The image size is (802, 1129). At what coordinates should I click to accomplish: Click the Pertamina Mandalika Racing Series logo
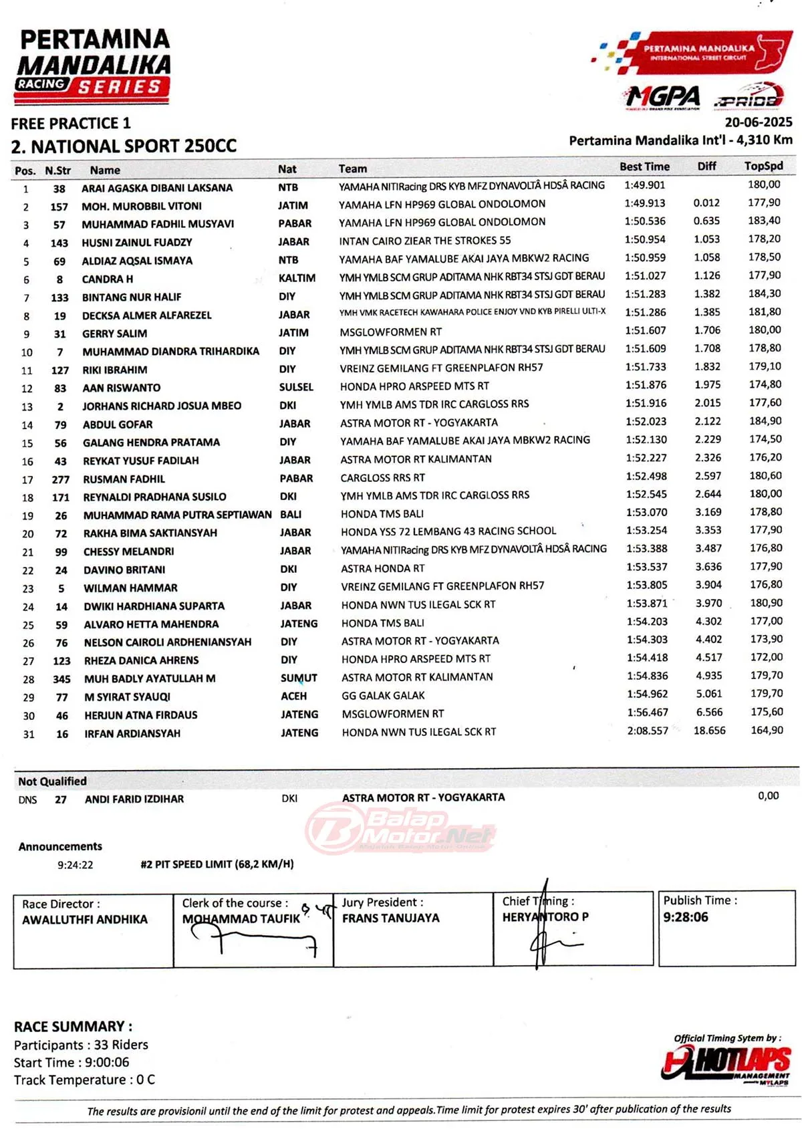pos(93,66)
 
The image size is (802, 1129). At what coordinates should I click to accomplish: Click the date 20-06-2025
pos(758,122)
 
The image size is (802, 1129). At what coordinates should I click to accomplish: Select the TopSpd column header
pos(763,166)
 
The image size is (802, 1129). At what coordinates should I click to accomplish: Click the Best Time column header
pos(644,166)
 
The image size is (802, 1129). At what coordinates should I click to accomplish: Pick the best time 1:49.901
pos(644,185)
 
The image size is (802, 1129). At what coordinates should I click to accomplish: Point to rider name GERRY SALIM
pos(114,334)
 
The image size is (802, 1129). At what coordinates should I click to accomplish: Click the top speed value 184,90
pos(765,421)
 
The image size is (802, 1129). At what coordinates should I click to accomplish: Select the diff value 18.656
pos(708,731)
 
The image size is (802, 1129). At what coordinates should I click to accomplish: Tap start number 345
pos(61,679)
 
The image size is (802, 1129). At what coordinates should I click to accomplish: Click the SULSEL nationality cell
pos(296,387)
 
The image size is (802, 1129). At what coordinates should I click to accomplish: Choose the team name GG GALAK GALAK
pos(383,696)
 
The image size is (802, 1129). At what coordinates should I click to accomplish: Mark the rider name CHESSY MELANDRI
pos(128,551)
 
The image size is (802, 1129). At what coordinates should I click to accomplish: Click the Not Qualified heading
pos(52,781)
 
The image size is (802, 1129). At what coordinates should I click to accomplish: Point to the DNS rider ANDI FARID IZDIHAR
pos(134,799)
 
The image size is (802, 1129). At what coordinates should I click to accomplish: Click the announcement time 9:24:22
pos(75,865)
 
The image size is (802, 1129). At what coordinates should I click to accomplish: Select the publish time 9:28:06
pos(685,917)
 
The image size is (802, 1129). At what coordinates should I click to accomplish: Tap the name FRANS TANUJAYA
pos(390,918)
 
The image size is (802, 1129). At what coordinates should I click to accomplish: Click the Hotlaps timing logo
pos(726,1062)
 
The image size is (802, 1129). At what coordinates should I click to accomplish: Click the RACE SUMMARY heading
pos(73,1026)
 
